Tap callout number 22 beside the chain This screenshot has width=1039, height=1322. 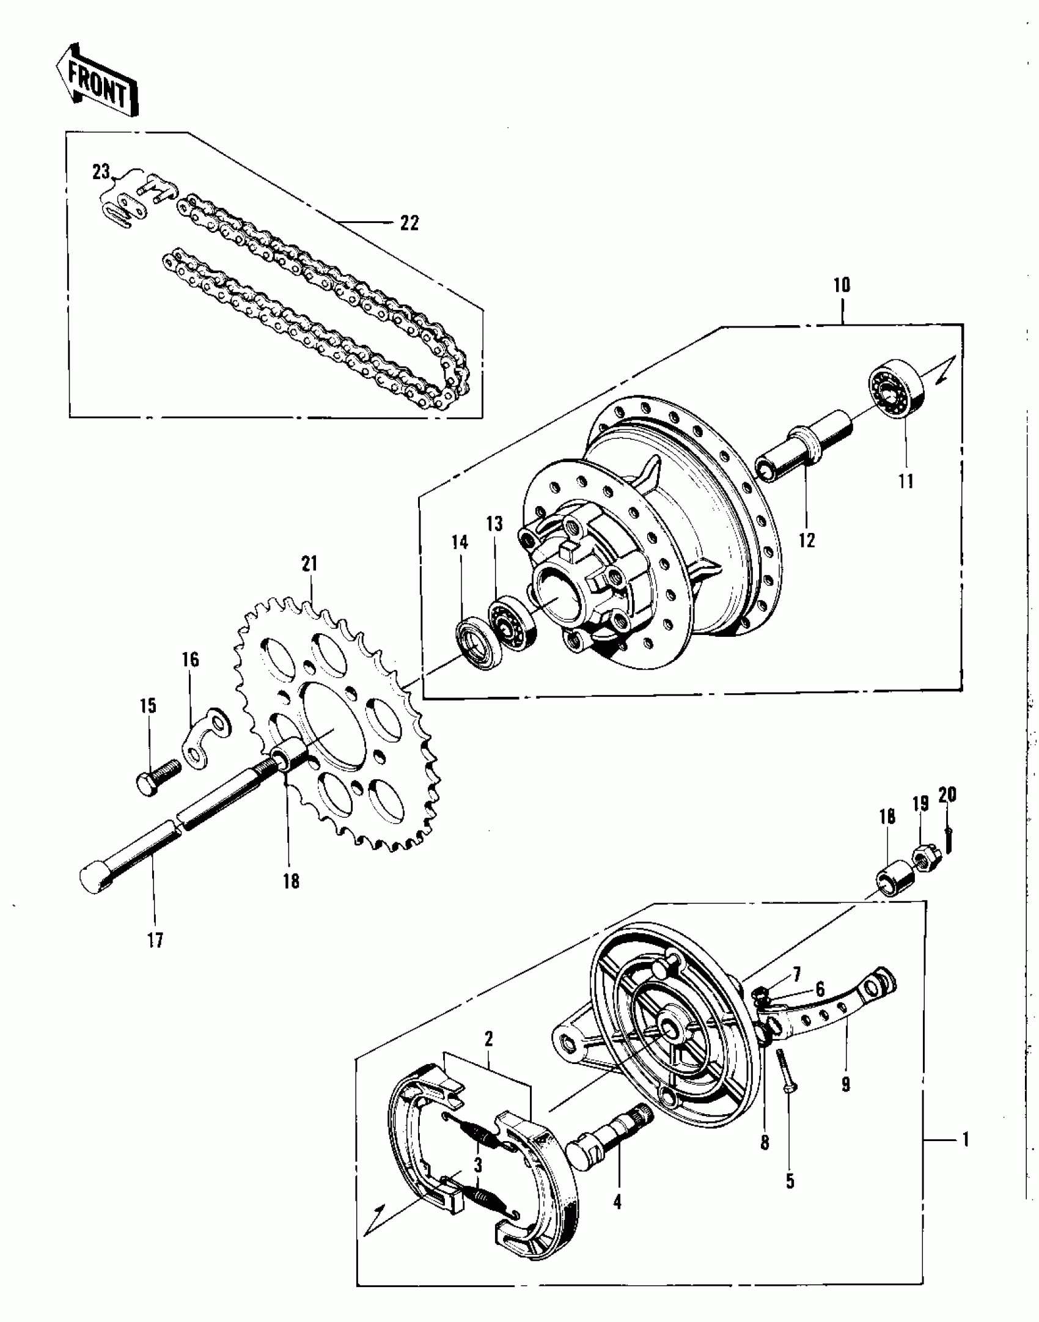[409, 223]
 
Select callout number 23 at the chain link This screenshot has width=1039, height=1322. [101, 173]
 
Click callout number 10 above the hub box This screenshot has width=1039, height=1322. [841, 285]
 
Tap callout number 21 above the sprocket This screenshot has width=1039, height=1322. [310, 563]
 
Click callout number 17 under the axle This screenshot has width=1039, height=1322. [155, 940]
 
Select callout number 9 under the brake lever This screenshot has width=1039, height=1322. [846, 1084]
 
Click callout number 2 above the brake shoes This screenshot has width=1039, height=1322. [488, 1038]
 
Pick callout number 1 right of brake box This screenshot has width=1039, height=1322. [966, 1139]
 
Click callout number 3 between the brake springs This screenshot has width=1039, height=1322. [477, 1164]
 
